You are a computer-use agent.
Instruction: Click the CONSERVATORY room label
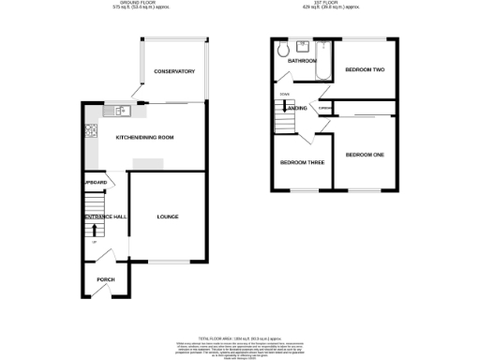pos(173,71)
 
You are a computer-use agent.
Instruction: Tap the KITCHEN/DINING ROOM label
pos(144,138)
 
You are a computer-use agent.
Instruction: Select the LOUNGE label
pos(168,217)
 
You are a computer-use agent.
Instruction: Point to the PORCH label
pos(105,279)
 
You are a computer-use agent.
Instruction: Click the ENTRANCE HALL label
pos(105,217)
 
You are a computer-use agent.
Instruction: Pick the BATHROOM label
pos(301,61)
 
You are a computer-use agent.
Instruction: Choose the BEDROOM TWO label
pos(365,70)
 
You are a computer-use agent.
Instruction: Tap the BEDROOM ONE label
pos(365,154)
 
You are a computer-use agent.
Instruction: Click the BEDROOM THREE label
pos(302,162)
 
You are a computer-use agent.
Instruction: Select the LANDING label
pos(296,109)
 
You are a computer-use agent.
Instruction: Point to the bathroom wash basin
pos(302,44)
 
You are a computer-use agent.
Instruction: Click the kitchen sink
pos(122,112)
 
